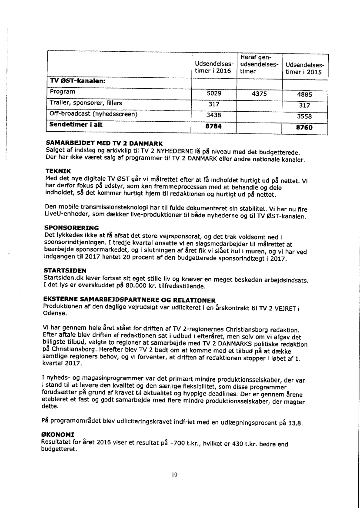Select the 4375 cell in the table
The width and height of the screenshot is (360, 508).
point(259,93)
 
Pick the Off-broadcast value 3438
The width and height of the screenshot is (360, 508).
point(213,115)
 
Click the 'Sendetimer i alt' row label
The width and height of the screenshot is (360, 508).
point(76,125)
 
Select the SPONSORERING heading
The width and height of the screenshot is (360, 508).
point(71,228)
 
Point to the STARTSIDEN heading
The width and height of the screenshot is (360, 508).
point(65,270)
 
